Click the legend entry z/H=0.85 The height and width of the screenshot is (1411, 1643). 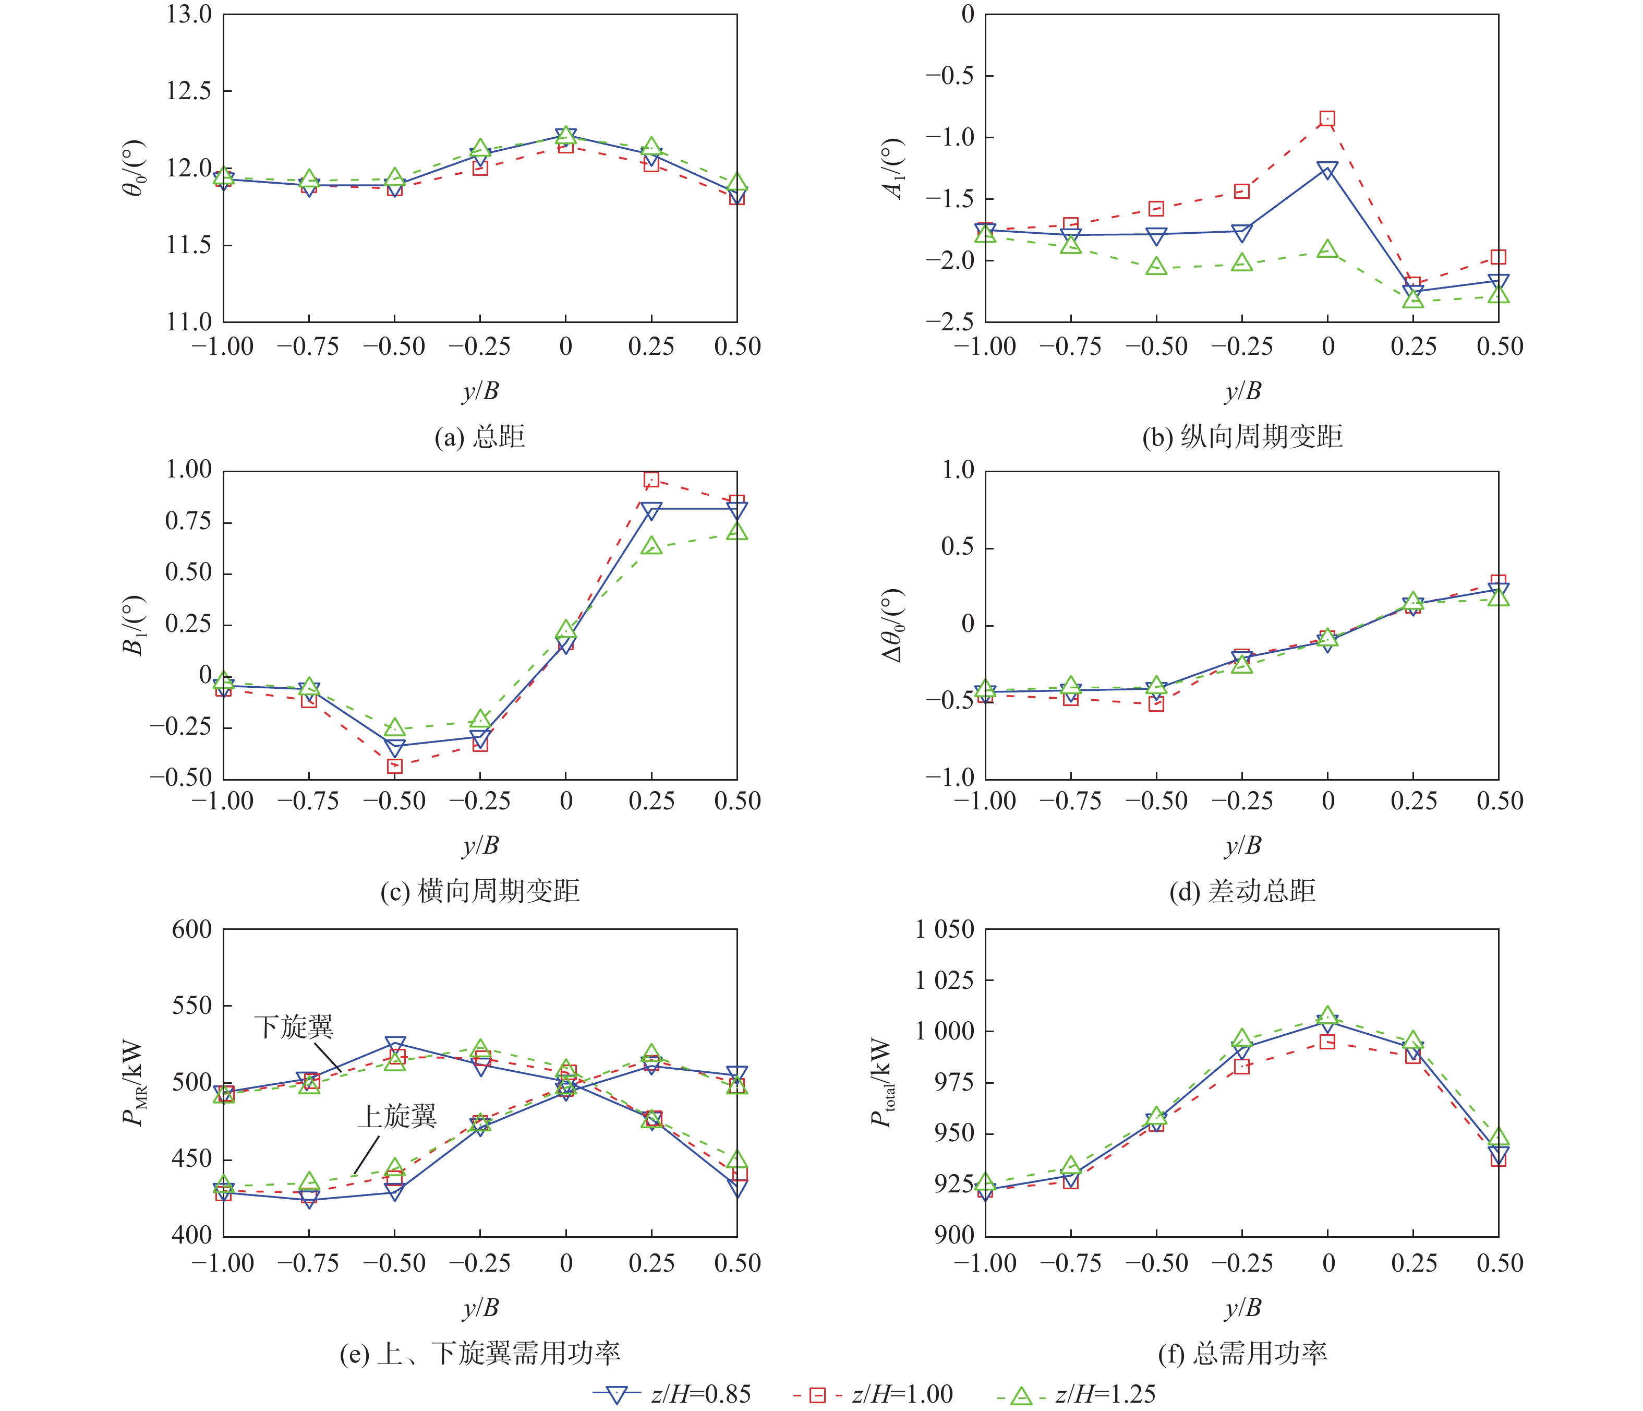(672, 1394)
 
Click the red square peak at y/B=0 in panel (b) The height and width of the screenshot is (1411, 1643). (1327, 119)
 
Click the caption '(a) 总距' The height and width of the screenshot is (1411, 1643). (480, 437)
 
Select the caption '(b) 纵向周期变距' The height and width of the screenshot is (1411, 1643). (1242, 437)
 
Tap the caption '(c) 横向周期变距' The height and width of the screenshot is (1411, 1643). (480, 891)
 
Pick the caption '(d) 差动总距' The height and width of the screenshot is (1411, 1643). (1242, 891)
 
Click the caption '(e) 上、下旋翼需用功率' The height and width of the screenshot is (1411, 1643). (480, 1353)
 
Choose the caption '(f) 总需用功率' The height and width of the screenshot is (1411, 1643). (1242, 1353)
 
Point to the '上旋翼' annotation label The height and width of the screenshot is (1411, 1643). (396, 1117)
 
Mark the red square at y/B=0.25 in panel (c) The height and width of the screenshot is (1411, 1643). (651, 479)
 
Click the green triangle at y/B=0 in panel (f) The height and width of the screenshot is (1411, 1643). (1327, 1016)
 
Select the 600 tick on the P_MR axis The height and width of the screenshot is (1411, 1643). (192, 929)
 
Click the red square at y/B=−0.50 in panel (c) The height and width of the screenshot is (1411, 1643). (394, 766)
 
